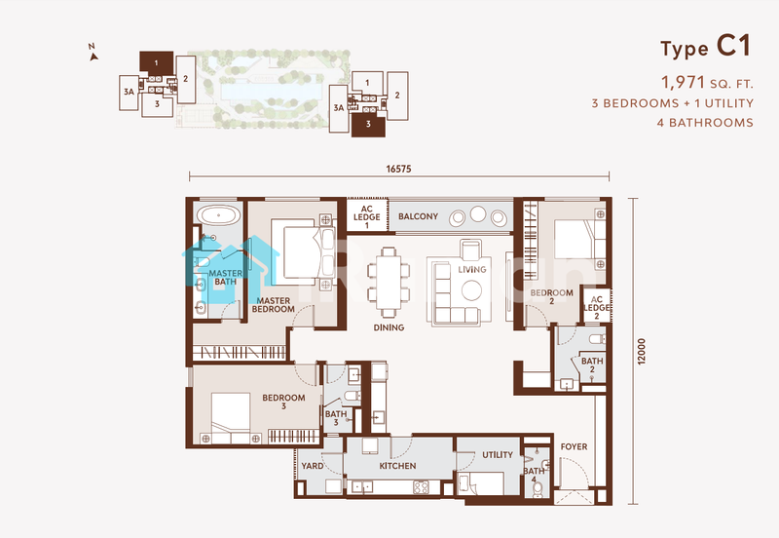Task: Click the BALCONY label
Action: point(418,216)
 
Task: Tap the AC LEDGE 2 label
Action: point(596,307)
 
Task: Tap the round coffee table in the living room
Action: point(470,289)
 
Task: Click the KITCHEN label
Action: point(397,467)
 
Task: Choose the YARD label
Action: point(313,467)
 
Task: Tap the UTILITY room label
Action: point(497,455)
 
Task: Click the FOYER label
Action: point(574,447)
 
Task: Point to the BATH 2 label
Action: point(592,365)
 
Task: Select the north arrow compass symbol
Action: point(93,54)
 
